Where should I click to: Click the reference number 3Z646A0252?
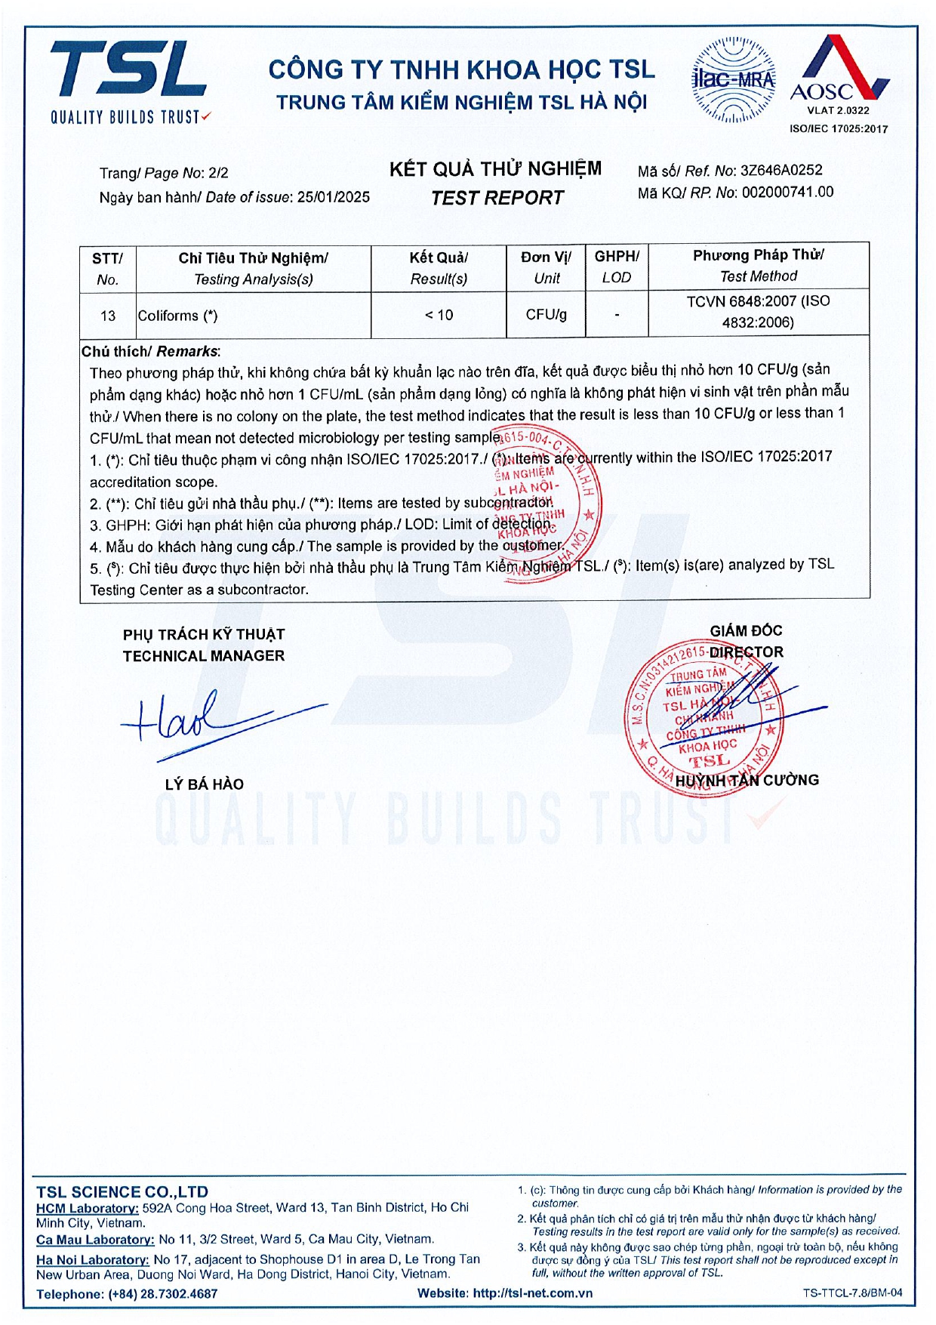coord(781,171)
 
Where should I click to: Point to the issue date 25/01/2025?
coord(333,197)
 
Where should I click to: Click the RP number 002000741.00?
coord(787,193)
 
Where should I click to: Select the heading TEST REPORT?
coord(497,198)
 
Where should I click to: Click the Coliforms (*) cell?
coord(177,316)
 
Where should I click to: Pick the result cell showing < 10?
coord(439,315)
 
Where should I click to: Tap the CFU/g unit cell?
coord(547,314)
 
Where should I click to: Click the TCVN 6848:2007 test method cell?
coord(758,312)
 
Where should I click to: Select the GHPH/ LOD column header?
coord(617,267)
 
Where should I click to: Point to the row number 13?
coord(108,316)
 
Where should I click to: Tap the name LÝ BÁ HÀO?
coord(205,784)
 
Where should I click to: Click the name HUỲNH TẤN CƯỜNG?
coord(747,781)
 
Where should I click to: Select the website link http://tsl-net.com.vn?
coord(532,1293)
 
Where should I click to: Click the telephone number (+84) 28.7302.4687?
coord(162,1294)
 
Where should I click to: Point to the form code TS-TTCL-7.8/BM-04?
coord(852,1293)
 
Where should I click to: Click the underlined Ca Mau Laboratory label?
coord(95,1240)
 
